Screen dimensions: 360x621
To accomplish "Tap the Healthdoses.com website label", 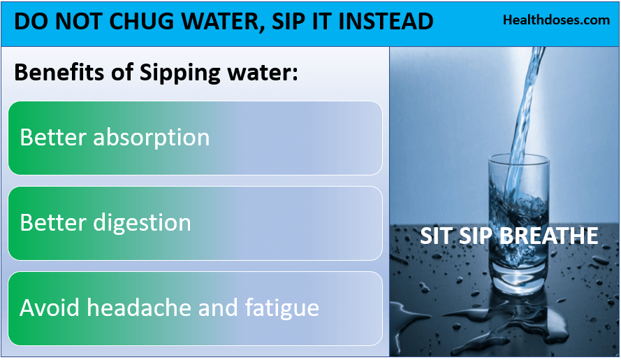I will (x=556, y=20).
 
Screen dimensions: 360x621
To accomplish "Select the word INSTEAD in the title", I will (x=386, y=21).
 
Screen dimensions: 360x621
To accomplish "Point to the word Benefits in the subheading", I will (x=54, y=73).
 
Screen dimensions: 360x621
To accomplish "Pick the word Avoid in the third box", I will (x=43, y=308).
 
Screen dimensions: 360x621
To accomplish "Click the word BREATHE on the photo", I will (x=553, y=236).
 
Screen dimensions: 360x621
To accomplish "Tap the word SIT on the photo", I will (x=434, y=236).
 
